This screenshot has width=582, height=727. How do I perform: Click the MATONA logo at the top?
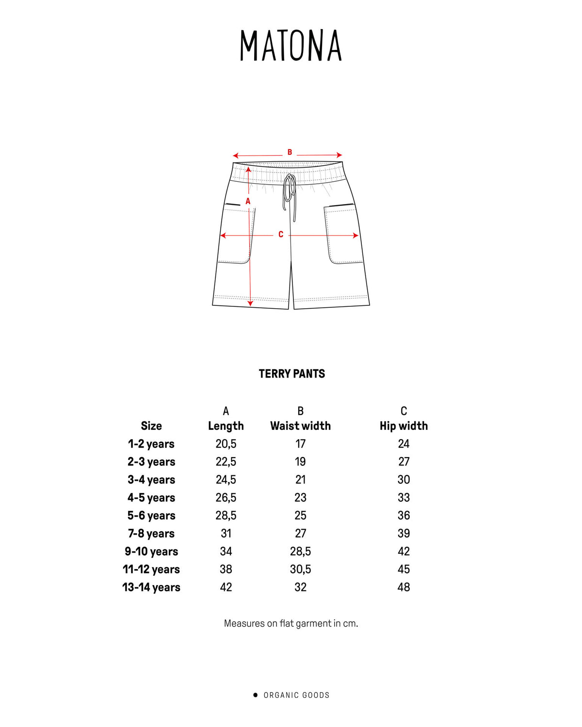pos(291,46)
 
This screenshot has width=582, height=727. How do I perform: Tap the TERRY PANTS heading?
pos(291,374)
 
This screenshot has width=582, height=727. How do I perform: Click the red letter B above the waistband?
pos(290,152)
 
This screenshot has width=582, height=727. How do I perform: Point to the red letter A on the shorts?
pos(248,201)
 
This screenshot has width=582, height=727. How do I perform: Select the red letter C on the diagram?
pos(281,235)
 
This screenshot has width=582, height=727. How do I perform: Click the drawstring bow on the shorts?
pos(290,191)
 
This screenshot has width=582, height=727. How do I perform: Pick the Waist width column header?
pos(300,426)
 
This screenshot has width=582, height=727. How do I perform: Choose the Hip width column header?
pos(404,426)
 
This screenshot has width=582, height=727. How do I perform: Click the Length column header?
pos(226,426)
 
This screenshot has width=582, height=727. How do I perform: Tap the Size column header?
pos(151,426)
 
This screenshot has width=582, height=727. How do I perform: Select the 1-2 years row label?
pos(151,444)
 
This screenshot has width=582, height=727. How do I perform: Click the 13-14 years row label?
pos(151,587)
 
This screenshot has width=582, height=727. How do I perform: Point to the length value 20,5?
pos(226,444)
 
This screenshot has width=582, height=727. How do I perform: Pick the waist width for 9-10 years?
pos(300,552)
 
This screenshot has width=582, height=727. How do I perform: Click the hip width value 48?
pos(404,587)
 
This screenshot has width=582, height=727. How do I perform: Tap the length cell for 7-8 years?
pos(226,534)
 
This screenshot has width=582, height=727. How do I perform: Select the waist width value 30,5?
pos(300,569)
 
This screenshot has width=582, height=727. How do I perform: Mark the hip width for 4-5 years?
pos(404,498)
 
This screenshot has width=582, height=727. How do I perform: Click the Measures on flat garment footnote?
pos(291,624)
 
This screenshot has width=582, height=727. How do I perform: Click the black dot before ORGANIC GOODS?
pos(256,695)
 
